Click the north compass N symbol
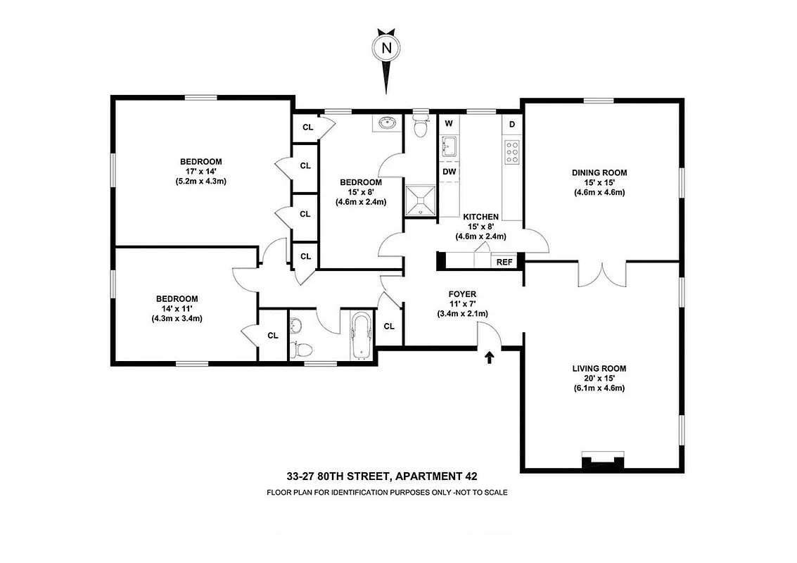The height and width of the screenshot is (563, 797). tap(385, 48)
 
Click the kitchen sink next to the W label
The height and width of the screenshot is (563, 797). tap(449, 147)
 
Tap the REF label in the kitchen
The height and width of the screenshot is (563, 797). tap(504, 262)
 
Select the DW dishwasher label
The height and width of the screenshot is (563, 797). tap(449, 171)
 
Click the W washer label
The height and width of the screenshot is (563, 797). tap(448, 124)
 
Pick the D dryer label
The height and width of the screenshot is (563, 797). tap(512, 125)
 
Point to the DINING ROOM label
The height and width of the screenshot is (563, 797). tap(599, 172)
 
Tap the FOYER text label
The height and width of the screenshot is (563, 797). tap(462, 294)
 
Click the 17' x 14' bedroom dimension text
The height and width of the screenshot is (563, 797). tap(200, 171)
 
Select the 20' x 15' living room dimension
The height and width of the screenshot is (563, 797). tap(599, 378)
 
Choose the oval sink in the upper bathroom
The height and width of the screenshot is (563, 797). tap(386, 124)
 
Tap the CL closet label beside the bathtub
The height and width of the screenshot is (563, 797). tap(389, 326)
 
